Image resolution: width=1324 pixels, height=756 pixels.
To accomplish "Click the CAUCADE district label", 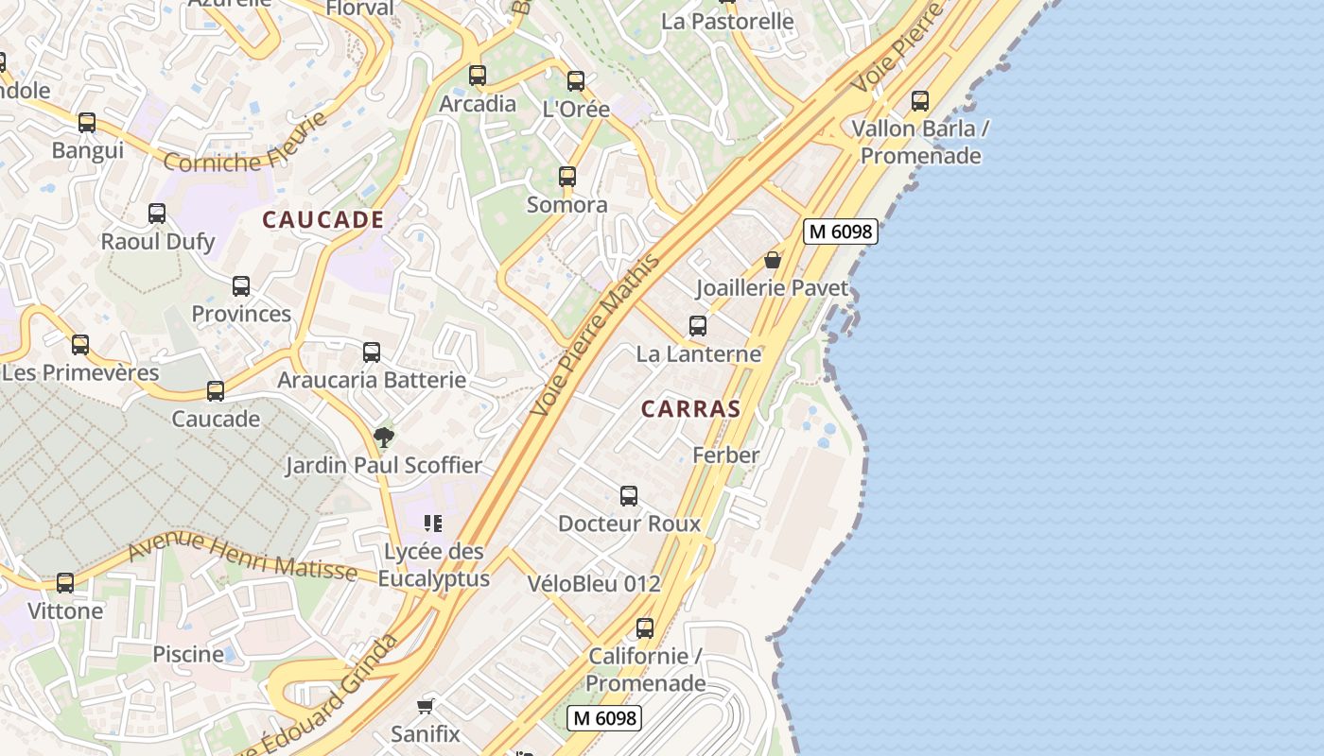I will coord(323,220).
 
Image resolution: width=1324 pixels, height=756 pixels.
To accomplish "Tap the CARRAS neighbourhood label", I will coord(690,409).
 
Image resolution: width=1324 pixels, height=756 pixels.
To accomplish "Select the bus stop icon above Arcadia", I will coord(478,76).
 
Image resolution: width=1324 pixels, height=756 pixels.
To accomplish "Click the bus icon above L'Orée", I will coord(576,81).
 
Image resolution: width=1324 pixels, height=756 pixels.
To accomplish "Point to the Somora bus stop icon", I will coord(567,177).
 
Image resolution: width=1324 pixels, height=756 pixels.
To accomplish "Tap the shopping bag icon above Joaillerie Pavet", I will coord(773,260).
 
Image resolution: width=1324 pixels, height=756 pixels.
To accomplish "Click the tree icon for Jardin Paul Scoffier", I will coord(383,437).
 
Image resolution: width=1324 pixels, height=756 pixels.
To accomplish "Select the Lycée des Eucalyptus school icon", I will coord(433,524).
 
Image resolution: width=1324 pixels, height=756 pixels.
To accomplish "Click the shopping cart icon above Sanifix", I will coord(426,706).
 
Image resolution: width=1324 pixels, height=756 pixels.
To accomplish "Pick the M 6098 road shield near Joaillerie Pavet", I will coord(841,232).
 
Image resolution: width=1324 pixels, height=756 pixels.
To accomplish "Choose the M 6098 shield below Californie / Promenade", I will coord(604,718).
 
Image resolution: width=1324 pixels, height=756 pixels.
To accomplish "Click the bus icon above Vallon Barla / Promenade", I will coord(920,101).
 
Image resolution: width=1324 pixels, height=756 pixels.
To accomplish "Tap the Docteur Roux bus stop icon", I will coord(629,496).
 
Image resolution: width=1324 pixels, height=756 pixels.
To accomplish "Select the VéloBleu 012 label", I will coord(594,584).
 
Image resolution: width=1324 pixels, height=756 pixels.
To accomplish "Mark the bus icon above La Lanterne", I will coord(698,326).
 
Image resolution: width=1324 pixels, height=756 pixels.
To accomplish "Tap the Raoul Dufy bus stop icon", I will coord(157,214).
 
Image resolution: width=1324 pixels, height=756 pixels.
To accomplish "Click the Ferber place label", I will coord(726,455).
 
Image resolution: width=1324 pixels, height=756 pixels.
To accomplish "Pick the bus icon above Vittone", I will coord(65,583).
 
